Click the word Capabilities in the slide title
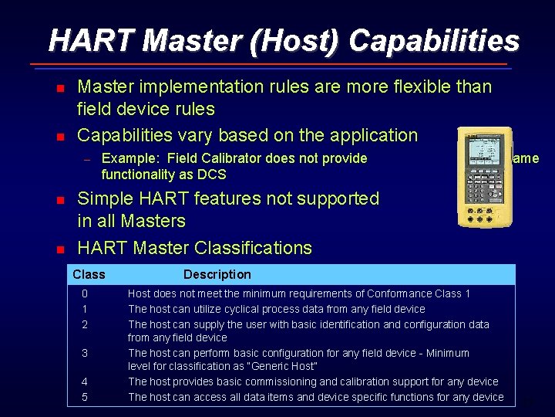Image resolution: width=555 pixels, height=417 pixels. coord(434,40)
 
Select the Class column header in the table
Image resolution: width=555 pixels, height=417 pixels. coord(89,274)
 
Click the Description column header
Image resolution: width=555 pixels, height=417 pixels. coord(217,274)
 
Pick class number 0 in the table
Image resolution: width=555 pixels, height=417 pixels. coord(85,293)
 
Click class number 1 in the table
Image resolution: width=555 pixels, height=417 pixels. coord(85,309)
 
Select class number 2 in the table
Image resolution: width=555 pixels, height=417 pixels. coord(85,324)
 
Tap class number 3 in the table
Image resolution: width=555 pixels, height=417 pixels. coord(85,353)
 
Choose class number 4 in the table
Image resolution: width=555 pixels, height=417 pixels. coord(85,381)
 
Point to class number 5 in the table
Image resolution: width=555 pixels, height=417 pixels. coord(85,397)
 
